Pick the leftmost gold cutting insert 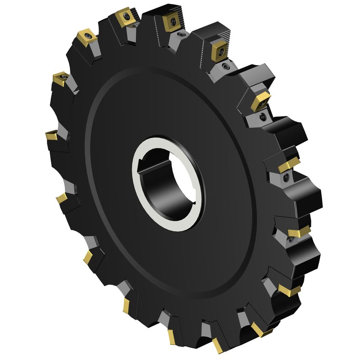(51, 136)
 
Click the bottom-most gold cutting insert (218, 345)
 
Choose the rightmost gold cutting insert (299, 231)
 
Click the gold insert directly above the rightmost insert (288, 165)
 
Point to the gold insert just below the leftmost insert (62, 197)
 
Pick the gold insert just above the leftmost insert (59, 78)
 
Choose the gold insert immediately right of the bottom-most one (258, 329)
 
